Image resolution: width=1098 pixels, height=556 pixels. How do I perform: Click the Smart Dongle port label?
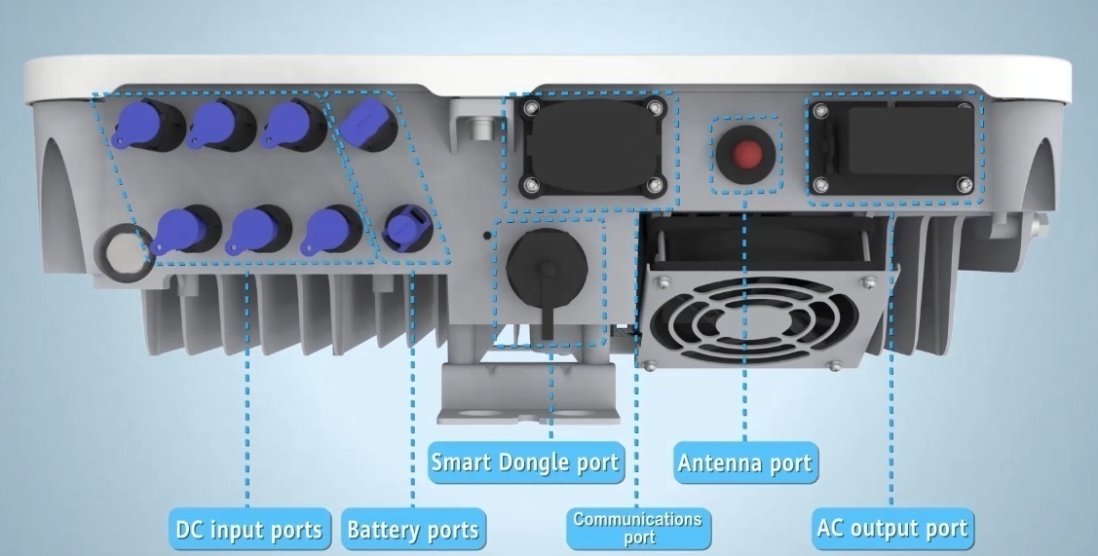[526, 463]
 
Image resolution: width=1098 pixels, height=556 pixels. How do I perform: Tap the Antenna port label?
[745, 463]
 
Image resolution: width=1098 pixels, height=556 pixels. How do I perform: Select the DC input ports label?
[249, 529]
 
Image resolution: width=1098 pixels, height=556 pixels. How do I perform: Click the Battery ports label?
[413, 529]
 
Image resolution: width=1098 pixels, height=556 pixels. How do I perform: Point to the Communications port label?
[639, 528]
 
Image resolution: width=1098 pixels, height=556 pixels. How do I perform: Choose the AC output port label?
[893, 528]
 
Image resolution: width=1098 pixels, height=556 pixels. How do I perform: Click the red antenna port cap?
[748, 153]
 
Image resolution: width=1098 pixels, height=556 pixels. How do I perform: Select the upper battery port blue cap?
[364, 123]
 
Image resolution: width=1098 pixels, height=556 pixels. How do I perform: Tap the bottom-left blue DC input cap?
[178, 231]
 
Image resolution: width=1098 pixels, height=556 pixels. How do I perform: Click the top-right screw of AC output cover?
[965, 108]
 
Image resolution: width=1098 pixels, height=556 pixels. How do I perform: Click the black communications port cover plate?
[592, 147]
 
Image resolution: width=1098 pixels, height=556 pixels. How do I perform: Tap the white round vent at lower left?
[124, 253]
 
